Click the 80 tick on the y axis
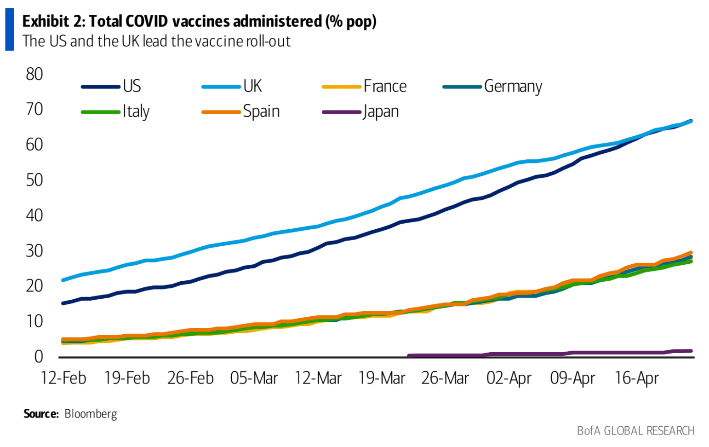coord(34,74)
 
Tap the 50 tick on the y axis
coord(34,180)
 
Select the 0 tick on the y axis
coord(39,356)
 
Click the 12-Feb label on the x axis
coord(63,378)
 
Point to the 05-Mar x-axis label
coord(254,378)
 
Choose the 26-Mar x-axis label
coord(445,378)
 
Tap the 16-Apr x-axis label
coord(637,378)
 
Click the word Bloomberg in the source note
coord(91,414)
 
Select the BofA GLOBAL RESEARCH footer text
coord(635,430)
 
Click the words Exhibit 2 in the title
coord(53,21)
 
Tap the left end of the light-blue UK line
coord(63,280)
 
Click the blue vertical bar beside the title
coord(9,30)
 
